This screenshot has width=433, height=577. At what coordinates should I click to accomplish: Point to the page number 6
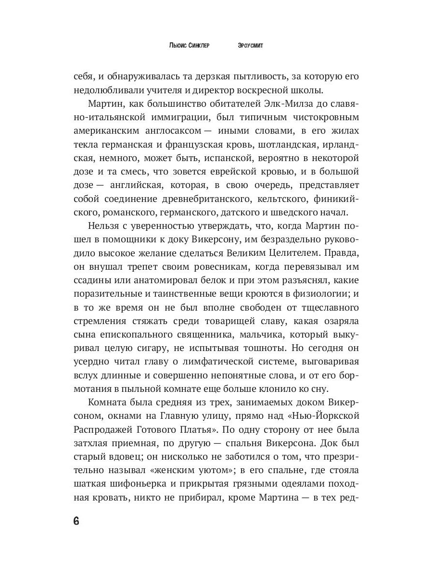(76, 521)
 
